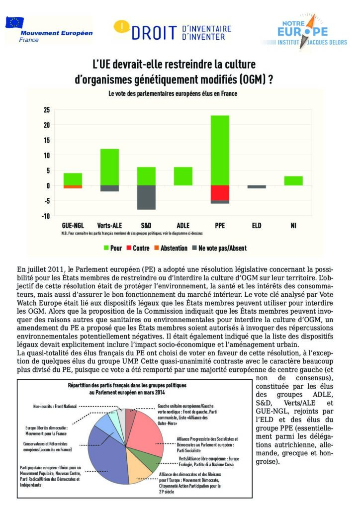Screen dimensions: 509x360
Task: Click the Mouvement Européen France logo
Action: pos(49,30)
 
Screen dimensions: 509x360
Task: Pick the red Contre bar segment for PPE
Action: pos(220,193)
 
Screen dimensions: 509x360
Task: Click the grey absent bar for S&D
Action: pos(146,197)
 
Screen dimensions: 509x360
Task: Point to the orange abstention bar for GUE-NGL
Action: pos(73,187)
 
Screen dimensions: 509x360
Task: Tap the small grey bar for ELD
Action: pos(257,187)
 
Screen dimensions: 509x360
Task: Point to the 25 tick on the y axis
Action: pos(47,110)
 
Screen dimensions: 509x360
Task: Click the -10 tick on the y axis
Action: pos(45,216)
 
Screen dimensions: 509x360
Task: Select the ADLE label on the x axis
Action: pos(183,226)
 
